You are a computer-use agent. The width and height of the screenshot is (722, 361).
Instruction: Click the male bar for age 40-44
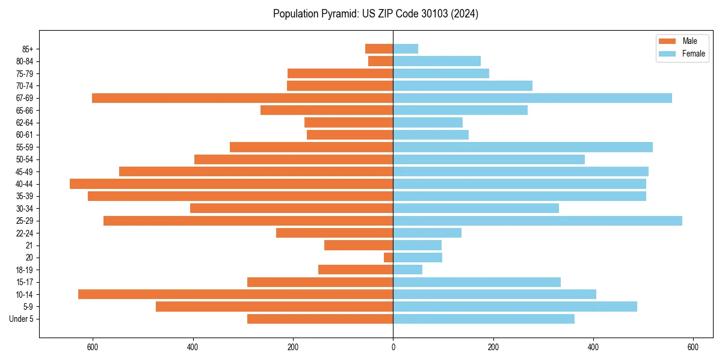[232, 184]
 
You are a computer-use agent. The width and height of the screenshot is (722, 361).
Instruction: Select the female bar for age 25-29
[537, 221]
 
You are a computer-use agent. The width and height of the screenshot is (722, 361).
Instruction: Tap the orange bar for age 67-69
[242, 98]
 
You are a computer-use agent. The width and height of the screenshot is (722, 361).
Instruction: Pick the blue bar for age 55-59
[523, 147]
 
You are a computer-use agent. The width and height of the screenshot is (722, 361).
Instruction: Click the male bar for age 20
[389, 258]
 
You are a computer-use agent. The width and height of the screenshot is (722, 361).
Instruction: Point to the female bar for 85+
[406, 49]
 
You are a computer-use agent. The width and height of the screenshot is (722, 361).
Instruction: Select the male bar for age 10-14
[236, 294]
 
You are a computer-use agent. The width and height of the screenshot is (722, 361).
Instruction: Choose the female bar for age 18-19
[408, 270]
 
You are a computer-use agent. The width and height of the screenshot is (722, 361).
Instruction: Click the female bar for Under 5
[484, 319]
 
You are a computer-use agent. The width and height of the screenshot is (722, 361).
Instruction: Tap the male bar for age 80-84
[381, 61]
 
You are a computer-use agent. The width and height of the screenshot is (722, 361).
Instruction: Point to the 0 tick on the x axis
[393, 347]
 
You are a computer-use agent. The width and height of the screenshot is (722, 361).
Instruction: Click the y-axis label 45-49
[25, 172]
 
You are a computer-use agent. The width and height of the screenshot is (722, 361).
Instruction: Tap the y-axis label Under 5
[21, 319]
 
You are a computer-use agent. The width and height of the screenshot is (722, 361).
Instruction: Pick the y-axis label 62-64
[25, 123]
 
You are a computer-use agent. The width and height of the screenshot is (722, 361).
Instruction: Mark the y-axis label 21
[29, 245]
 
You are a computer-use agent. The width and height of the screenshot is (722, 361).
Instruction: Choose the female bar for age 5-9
[515, 307]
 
